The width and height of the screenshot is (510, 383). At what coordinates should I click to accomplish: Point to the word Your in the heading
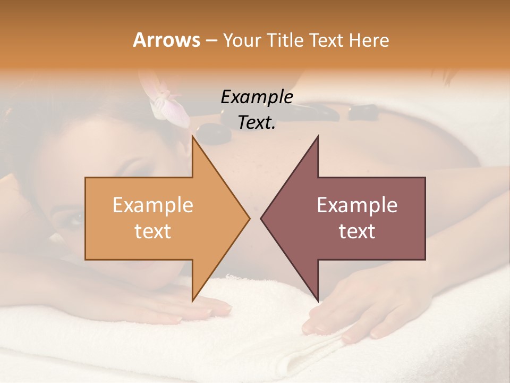click(x=241, y=40)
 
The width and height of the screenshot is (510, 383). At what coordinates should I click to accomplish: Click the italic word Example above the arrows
click(x=257, y=97)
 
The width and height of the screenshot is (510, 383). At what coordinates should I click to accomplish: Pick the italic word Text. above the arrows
click(x=257, y=122)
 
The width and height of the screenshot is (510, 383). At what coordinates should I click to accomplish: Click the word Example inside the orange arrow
click(x=152, y=205)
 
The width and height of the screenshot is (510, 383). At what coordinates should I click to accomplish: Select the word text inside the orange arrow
click(x=152, y=231)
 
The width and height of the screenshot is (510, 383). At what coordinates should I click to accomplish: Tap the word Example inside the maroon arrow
click(x=357, y=205)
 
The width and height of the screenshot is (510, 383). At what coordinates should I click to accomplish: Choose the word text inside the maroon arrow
click(x=357, y=231)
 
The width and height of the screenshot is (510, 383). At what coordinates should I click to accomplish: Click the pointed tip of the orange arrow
click(x=249, y=218)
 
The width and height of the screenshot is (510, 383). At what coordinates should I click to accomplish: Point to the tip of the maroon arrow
click(x=261, y=218)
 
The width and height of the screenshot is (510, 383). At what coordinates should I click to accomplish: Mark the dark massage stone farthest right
click(x=363, y=112)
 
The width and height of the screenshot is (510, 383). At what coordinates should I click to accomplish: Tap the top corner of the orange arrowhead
click(x=192, y=137)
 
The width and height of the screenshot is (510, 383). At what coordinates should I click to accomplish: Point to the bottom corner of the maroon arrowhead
click(x=318, y=301)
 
